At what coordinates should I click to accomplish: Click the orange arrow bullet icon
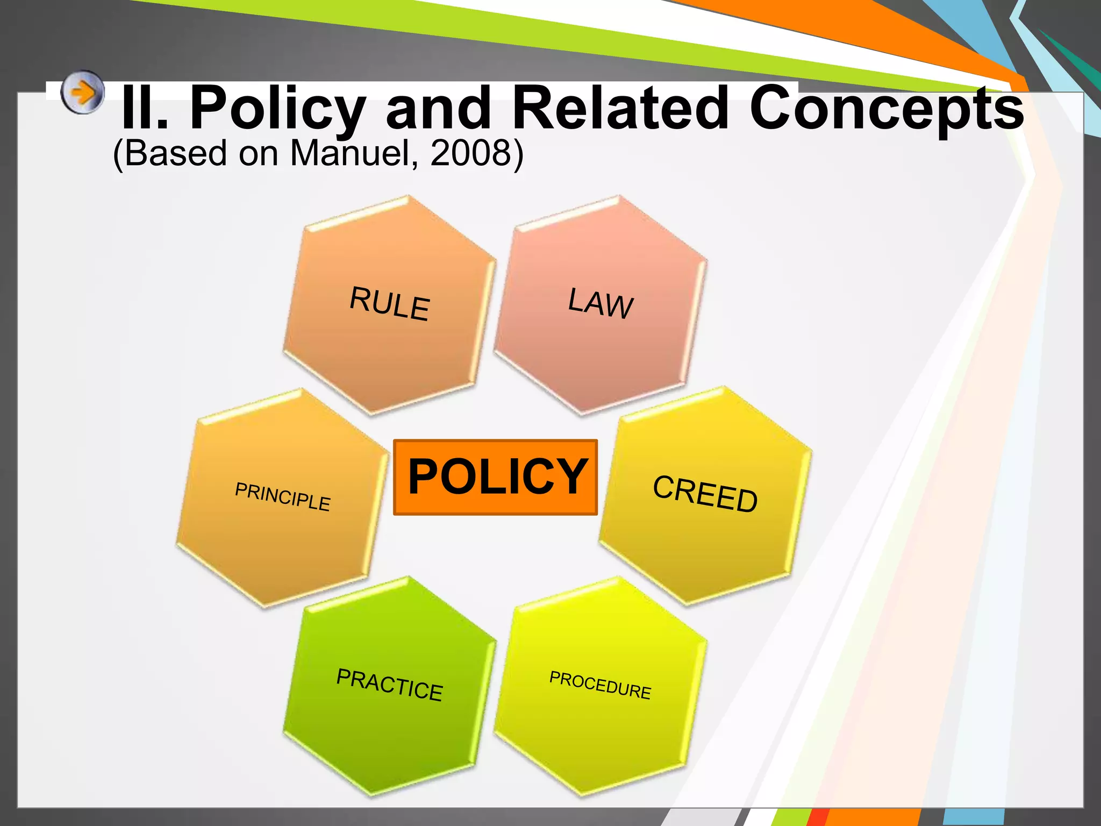[82, 92]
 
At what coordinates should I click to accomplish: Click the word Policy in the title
[278, 108]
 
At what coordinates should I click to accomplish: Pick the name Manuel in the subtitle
[354, 153]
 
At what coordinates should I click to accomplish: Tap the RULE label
[390, 304]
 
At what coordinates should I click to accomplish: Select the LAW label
[601, 303]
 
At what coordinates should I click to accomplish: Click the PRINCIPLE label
[283, 497]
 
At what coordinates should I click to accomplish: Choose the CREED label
[705, 494]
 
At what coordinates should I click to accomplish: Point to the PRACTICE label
[389, 685]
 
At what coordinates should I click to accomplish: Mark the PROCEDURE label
[600, 685]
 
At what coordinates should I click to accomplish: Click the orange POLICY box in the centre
[495, 477]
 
